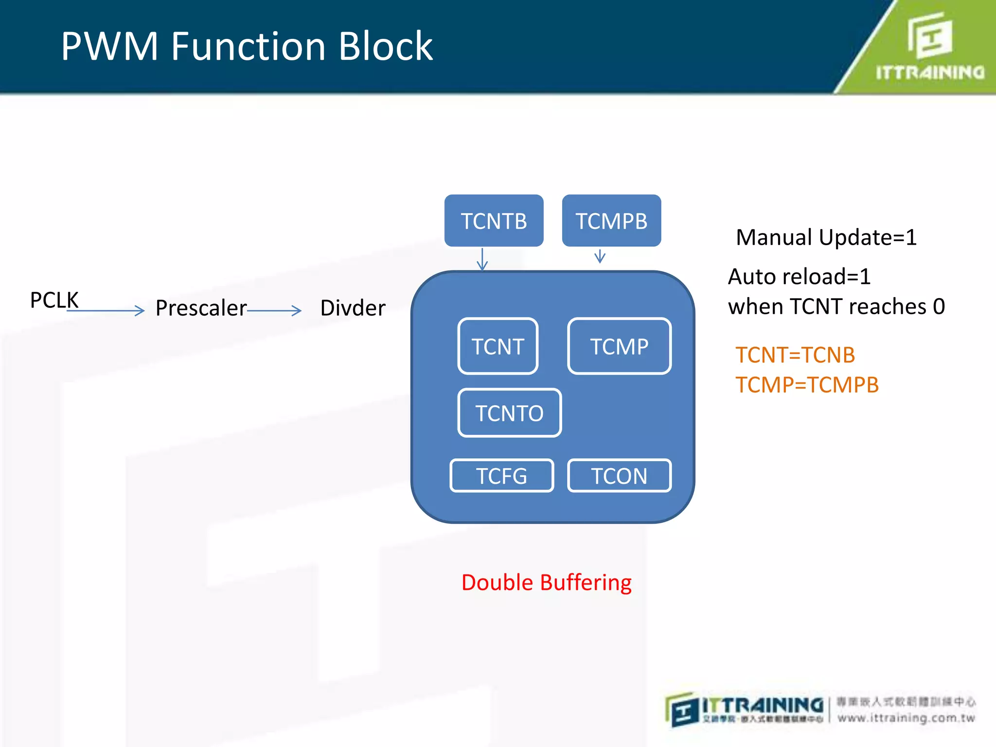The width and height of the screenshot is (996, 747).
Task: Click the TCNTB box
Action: [x=494, y=221]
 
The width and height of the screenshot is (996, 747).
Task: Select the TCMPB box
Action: [x=611, y=221]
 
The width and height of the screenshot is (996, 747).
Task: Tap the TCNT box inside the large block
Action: [x=498, y=346]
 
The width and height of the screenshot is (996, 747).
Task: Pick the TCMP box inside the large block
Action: [x=619, y=346]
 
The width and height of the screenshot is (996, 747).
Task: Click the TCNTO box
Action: [x=509, y=413]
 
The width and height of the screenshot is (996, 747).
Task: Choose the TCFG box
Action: [x=501, y=476]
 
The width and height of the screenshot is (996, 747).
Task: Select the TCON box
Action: [x=619, y=476]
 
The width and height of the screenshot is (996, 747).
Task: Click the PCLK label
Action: [x=54, y=300]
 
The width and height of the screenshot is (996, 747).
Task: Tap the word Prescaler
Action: [x=201, y=308]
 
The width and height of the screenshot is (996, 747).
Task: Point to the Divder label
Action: [x=353, y=308]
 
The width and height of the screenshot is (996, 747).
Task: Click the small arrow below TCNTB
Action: [x=482, y=259]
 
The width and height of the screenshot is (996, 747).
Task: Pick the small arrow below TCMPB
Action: [x=600, y=256]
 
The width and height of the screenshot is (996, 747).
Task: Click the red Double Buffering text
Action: [x=546, y=582]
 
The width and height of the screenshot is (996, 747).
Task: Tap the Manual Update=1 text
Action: [x=826, y=237]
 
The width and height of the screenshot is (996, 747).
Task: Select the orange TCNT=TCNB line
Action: [x=795, y=355]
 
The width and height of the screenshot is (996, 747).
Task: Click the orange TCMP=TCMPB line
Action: [x=807, y=385]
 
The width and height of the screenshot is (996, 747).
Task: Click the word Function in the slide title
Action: [x=248, y=46]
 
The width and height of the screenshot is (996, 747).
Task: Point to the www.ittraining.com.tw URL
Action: [x=906, y=718]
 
